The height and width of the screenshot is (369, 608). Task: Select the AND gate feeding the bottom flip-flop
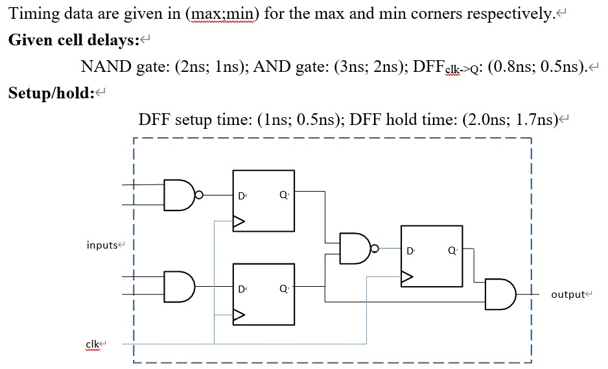coord(180,285)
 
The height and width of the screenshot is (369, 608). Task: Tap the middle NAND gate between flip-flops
coord(353,249)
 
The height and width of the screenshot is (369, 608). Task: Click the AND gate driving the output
coord(500,294)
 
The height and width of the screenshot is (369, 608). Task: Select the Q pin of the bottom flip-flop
coord(283,288)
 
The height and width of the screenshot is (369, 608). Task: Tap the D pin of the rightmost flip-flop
coord(410,250)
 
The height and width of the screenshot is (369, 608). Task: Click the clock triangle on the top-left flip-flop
coord(239,222)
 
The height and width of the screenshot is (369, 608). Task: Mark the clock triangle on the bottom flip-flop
coord(239,315)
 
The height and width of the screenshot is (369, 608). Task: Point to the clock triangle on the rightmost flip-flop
coord(407,278)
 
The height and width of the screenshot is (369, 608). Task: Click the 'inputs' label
coord(102,245)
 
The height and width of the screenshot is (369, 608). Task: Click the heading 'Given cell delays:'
coord(75,40)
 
